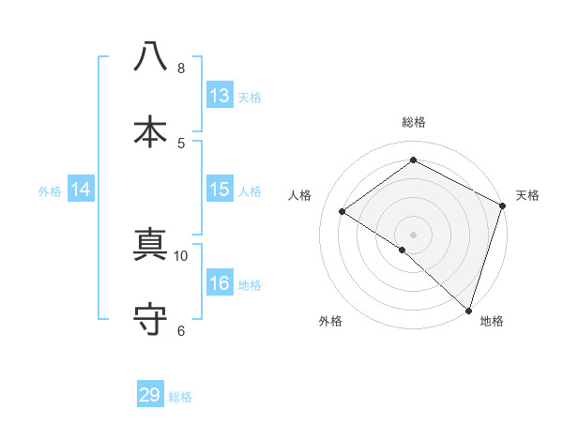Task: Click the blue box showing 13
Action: click(x=220, y=96)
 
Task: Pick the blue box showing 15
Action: click(x=220, y=190)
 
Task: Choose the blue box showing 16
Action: click(x=220, y=283)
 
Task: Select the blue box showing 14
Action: click(x=81, y=190)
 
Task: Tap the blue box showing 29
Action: click(x=150, y=395)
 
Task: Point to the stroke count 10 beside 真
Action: click(x=181, y=255)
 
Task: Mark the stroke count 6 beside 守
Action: click(x=181, y=330)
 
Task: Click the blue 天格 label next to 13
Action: click(x=250, y=97)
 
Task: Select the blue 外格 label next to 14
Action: click(x=50, y=190)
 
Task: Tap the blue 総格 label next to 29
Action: click(x=180, y=396)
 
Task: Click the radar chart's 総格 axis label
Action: click(x=414, y=122)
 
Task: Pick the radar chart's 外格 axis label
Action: click(x=330, y=321)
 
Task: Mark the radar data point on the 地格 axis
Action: click(x=467, y=310)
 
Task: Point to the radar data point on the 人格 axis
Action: click(x=342, y=211)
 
